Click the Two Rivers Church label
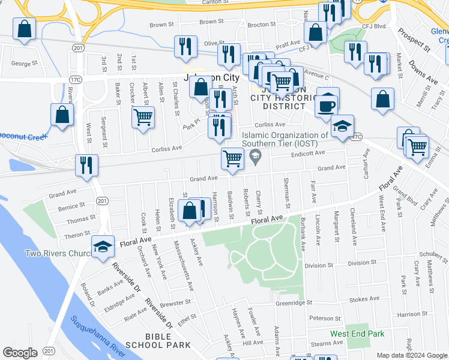point(57,254)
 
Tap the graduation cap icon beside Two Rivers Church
point(103,245)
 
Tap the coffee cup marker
point(327,103)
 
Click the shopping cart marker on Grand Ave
point(232,159)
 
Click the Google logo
point(20,353)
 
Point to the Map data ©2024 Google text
point(412,355)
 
